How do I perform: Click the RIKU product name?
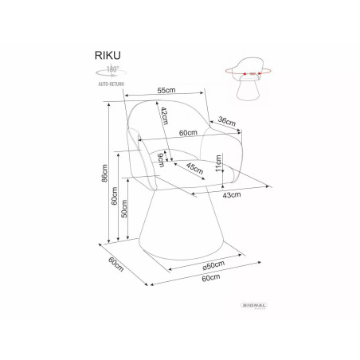108,55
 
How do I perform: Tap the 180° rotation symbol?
111,71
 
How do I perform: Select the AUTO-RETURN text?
112,84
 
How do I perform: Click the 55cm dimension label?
166,90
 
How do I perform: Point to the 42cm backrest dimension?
165,115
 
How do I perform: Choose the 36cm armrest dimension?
227,121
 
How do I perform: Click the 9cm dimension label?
161,159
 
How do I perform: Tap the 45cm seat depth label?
195,168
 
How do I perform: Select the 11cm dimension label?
218,163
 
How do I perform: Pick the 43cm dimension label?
232,195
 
